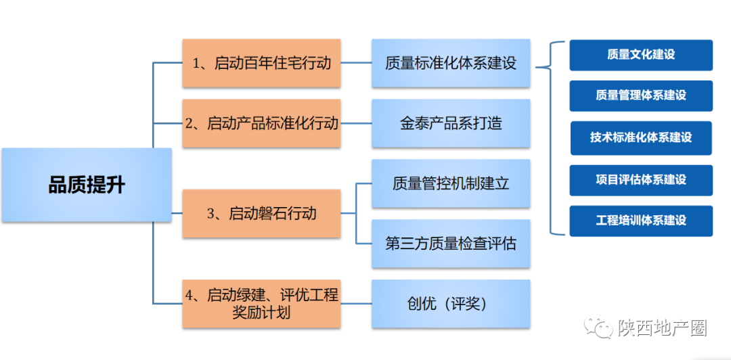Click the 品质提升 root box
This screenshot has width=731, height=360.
[87, 185]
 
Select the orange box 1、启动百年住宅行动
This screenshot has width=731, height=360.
[261, 63]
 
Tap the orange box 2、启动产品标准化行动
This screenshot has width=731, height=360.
[261, 123]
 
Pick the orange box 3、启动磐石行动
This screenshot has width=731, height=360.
[261, 213]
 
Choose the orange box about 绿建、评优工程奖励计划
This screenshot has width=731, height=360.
[261, 304]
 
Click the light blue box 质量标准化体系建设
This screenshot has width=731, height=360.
[451, 63]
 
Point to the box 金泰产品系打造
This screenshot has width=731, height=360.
[451, 123]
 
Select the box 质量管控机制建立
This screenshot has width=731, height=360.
[451, 183]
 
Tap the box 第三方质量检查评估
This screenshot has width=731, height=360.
[451, 244]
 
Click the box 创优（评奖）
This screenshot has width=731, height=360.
[451, 304]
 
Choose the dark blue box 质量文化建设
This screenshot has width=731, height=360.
[641, 55]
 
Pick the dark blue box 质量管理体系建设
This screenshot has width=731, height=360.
[641, 95]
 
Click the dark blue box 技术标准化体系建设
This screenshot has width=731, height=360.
[641, 137]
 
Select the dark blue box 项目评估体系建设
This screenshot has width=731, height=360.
[641, 180]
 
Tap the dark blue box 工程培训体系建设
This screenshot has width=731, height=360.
[641, 221]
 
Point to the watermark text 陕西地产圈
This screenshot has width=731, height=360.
[662, 328]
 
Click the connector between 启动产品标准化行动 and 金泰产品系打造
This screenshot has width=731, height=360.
[356, 123]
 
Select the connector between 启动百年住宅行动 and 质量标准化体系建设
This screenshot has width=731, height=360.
[356, 63]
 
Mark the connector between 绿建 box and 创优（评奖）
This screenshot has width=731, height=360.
[356, 304]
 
